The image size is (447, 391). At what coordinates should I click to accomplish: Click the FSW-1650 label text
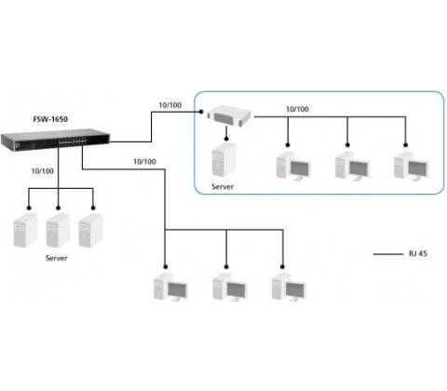(50, 119)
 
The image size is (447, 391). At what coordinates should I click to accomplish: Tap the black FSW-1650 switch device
(55, 140)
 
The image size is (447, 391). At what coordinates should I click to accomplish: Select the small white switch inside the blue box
(229, 116)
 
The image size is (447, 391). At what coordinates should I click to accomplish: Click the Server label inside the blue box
(223, 187)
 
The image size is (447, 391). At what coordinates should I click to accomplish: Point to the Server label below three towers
(56, 258)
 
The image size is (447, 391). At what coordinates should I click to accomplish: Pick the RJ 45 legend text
(418, 253)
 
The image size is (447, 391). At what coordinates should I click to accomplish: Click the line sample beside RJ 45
(388, 254)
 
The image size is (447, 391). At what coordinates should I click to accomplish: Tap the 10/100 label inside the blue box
(297, 109)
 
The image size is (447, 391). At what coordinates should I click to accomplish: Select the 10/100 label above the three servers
(42, 171)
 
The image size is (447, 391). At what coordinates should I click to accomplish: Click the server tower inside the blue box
(223, 160)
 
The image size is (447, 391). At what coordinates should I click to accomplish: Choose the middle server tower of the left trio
(59, 230)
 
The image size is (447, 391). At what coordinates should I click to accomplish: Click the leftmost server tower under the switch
(26, 230)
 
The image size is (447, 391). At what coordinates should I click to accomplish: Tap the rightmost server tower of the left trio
(90, 230)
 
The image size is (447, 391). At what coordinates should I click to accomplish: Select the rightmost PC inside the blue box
(412, 166)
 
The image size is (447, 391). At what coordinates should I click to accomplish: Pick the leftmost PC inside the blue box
(293, 166)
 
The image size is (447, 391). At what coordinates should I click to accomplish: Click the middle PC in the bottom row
(230, 288)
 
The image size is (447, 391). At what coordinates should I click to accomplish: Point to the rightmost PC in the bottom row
(289, 288)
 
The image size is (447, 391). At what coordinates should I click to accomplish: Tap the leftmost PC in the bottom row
(171, 288)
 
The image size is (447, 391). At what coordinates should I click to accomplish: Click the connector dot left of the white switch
(201, 112)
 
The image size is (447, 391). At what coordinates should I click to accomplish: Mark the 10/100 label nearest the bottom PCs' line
(144, 162)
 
